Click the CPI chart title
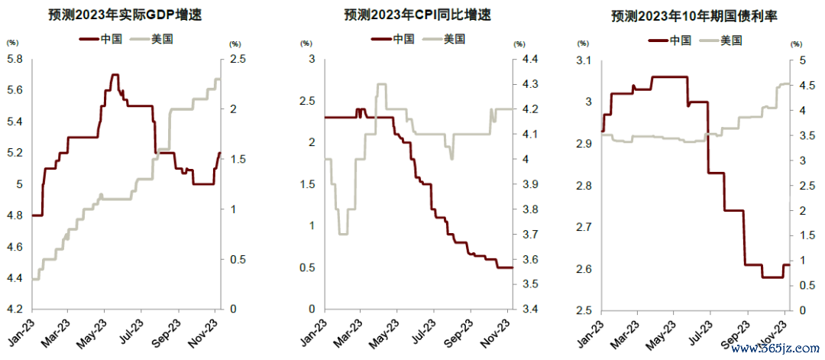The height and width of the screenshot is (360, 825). pos(407,15)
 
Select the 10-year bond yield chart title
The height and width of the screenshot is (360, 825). pos(694,15)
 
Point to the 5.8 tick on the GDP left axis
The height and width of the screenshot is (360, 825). pos(15,59)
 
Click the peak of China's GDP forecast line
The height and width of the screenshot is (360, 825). pos(115,75)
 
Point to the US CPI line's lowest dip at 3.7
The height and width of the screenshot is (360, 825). pos(343,233)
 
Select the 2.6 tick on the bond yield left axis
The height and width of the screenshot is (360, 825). pos(586,269)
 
